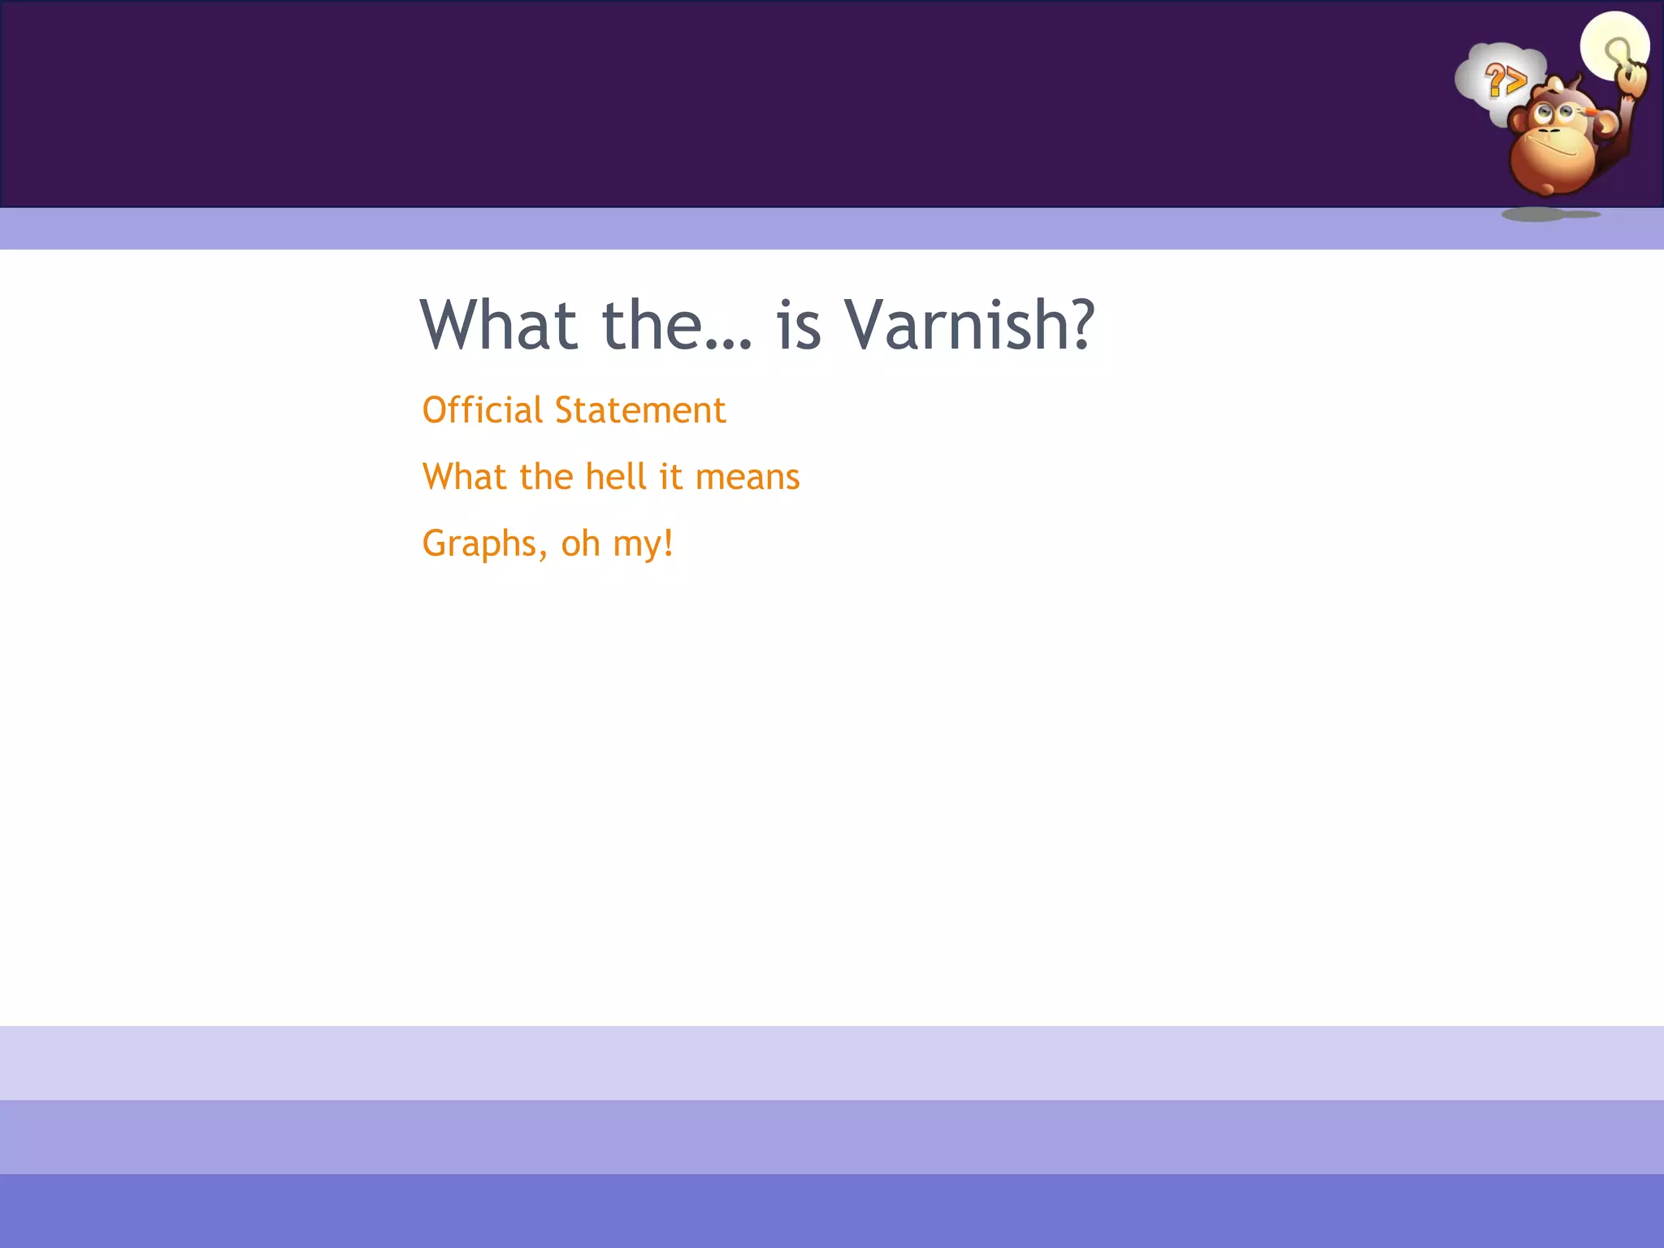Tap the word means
coord(747,478)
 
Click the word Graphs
coord(484,544)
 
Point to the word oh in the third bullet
coord(580,543)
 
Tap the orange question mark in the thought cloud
coord(1494,80)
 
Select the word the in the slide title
coord(652,325)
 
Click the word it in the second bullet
coord(670,476)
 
